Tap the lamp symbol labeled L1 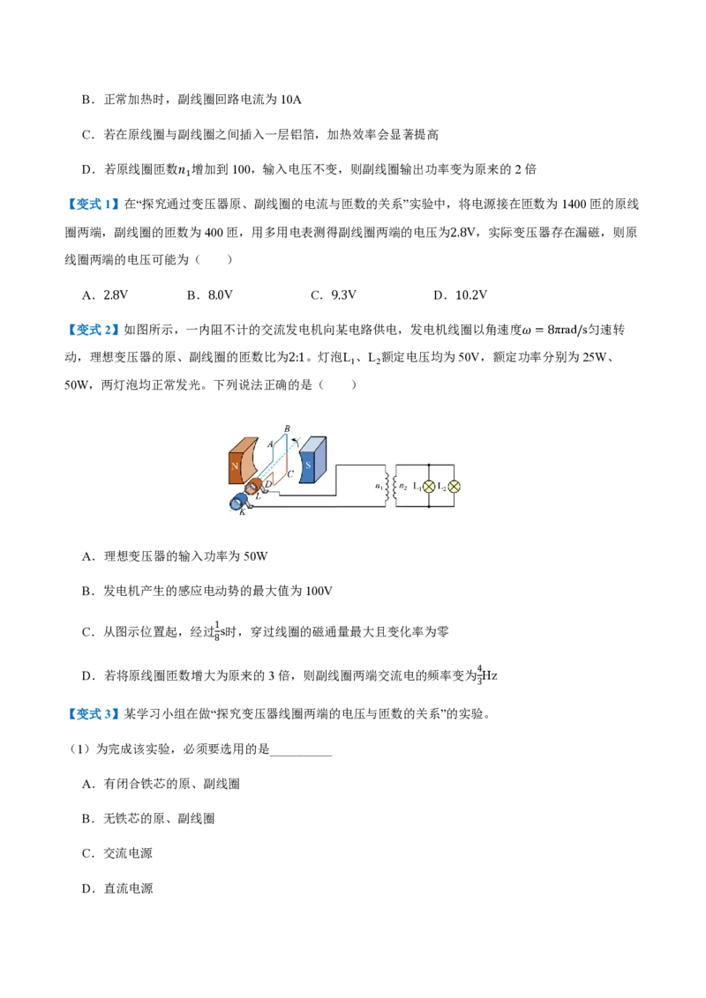coord(429,487)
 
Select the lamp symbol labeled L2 coord(454,487)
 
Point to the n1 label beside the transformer coord(379,487)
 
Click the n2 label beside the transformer coord(402,487)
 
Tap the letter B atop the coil coord(287,429)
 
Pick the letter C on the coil coord(290,473)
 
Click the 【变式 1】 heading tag coord(93,205)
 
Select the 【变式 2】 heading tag coord(93,330)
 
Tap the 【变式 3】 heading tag coord(93,714)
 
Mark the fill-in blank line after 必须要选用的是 coord(301,755)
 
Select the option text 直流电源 coord(128,889)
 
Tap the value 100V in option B coord(319,592)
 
